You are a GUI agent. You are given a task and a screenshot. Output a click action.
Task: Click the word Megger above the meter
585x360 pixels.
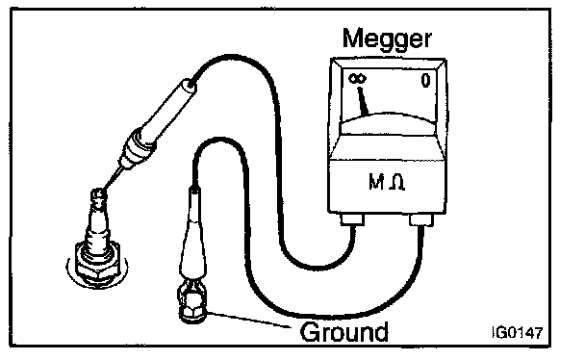(387, 39)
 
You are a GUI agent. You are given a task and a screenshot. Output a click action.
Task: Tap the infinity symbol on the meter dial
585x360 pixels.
(357, 79)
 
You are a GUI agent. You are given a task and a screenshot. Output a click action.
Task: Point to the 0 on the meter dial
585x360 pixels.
(425, 80)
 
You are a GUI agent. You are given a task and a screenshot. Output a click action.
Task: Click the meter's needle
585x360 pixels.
(363, 100)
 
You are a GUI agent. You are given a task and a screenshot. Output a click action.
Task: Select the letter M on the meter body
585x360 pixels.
(376, 182)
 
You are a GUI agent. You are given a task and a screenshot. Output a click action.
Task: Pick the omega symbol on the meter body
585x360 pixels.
(396, 183)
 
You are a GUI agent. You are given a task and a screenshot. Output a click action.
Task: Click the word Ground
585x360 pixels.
(343, 332)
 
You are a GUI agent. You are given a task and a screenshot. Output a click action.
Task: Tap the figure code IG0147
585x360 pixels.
(517, 332)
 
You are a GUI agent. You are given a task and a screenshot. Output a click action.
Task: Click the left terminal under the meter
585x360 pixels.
(352, 219)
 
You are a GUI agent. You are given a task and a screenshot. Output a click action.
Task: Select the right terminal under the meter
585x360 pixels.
(421, 220)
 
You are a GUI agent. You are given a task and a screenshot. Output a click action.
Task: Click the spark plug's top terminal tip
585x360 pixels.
(98, 194)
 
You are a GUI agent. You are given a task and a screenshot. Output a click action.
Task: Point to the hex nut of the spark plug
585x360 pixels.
(97, 264)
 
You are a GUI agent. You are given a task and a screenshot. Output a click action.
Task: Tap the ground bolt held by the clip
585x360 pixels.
(191, 306)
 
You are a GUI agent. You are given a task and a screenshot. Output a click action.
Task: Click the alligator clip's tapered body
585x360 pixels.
(192, 243)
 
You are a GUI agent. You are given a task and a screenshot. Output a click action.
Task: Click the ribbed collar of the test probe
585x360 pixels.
(137, 149)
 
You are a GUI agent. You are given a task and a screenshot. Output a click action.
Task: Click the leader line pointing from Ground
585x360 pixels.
(248, 320)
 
